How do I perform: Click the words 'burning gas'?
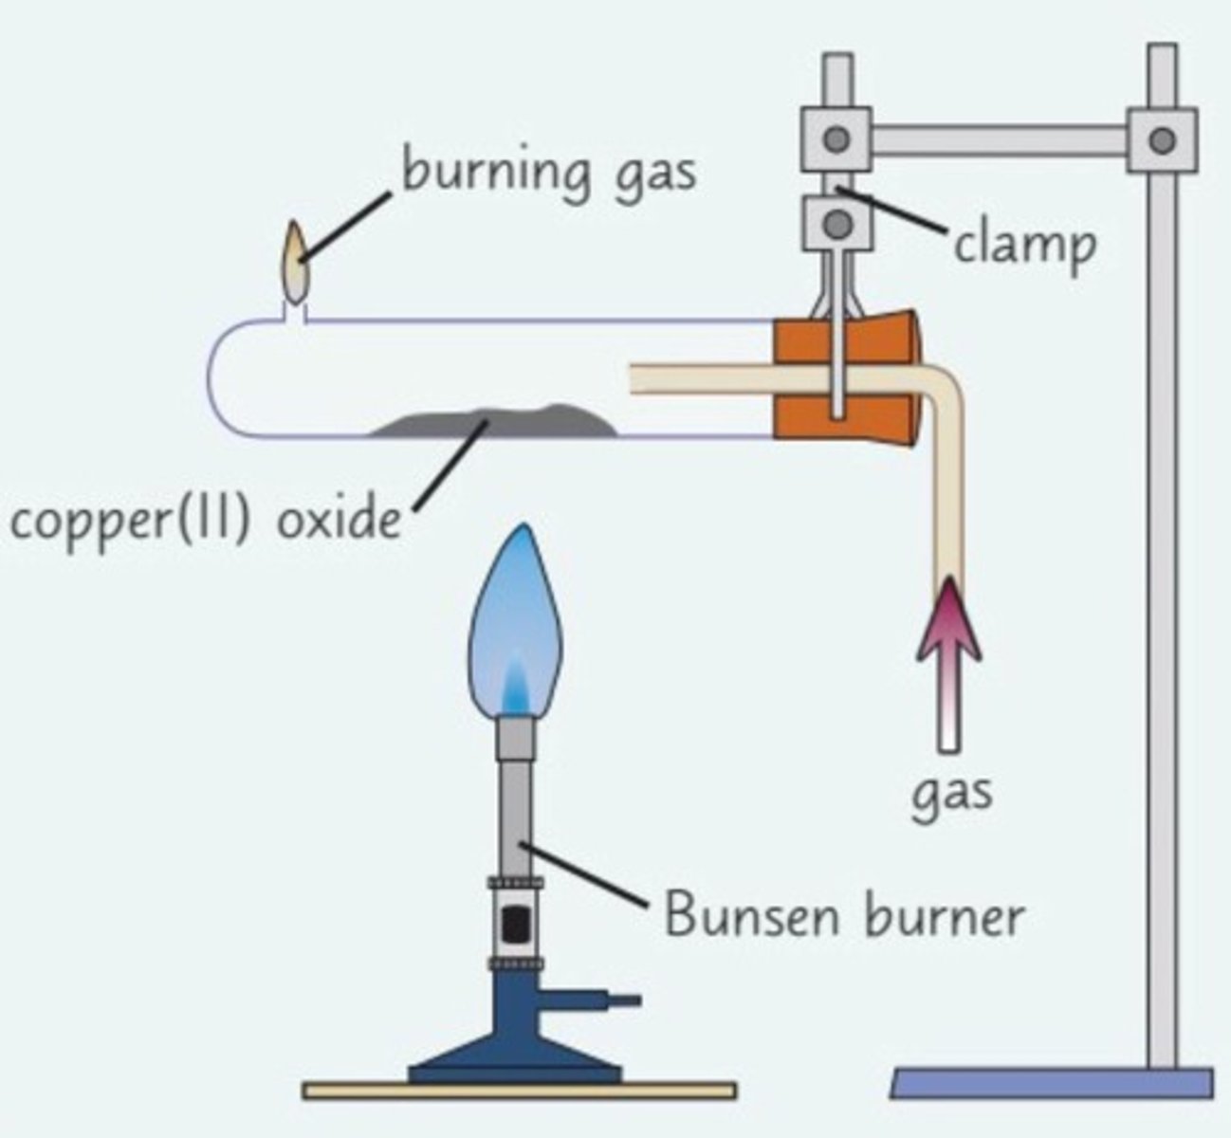(548, 174)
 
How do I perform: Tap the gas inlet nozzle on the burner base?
(621, 1000)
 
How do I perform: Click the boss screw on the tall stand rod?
(1161, 139)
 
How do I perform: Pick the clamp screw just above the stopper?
(836, 225)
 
